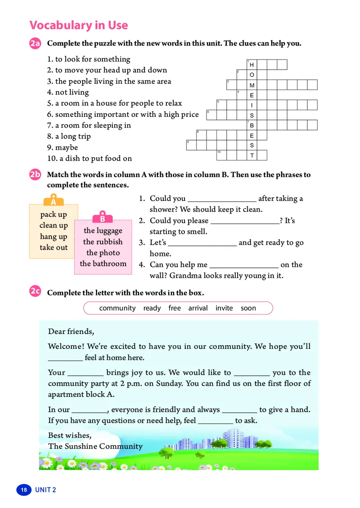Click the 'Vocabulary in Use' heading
(78, 25)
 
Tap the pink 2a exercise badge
(36, 44)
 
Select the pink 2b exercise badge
(36, 175)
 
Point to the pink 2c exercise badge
(36, 292)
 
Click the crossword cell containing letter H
(252, 65)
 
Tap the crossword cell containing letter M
(252, 85)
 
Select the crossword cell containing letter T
(252, 156)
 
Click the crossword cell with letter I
(252, 105)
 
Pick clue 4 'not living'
(68, 92)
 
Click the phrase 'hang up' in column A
(54, 236)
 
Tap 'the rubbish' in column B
(103, 241)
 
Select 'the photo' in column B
(103, 253)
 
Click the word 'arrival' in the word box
(198, 308)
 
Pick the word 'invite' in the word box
(224, 308)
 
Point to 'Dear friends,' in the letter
(71, 332)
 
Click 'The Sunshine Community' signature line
(95, 446)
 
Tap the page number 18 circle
(23, 490)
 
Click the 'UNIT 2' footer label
(45, 490)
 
